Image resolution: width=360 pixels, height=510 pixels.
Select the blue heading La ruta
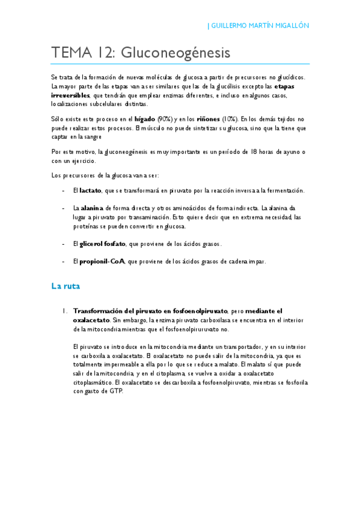tap(66, 287)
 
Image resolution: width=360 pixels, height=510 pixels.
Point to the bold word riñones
tap(207, 119)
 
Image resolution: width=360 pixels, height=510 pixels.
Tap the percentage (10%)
tap(230, 119)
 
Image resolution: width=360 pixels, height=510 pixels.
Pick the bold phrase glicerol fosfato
tap(103, 244)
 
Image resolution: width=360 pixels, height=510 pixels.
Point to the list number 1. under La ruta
tap(64, 311)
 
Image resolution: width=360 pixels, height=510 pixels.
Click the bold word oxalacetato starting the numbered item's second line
tap(91, 321)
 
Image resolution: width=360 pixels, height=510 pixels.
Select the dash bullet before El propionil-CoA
tap(64, 262)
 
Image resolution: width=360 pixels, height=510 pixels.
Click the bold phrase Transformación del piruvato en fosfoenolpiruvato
tap(150, 311)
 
